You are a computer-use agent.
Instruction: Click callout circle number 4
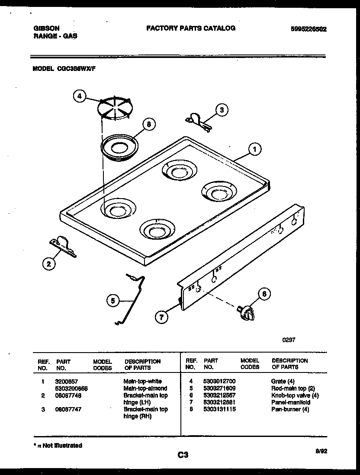pyautogui.click(x=79, y=96)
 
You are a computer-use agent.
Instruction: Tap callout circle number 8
pyautogui.click(x=148, y=125)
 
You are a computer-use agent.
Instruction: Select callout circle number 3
pyautogui.click(x=222, y=110)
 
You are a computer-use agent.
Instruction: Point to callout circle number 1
pyautogui.click(x=255, y=149)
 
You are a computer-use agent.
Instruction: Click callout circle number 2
pyautogui.click(x=49, y=263)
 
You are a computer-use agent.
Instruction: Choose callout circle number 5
pyautogui.click(x=113, y=300)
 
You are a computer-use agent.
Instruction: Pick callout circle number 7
pyautogui.click(x=161, y=317)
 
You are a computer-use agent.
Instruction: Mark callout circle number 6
pyautogui.click(x=264, y=295)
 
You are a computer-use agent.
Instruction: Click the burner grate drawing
pyautogui.click(x=115, y=108)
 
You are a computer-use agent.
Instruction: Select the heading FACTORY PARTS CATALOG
pyautogui.click(x=191, y=28)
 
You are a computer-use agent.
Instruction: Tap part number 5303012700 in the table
pyautogui.click(x=219, y=381)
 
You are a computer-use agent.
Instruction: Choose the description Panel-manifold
pyautogui.click(x=291, y=402)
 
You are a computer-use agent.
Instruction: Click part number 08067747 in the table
pyautogui.click(x=68, y=409)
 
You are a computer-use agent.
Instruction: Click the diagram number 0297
pyautogui.click(x=289, y=340)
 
